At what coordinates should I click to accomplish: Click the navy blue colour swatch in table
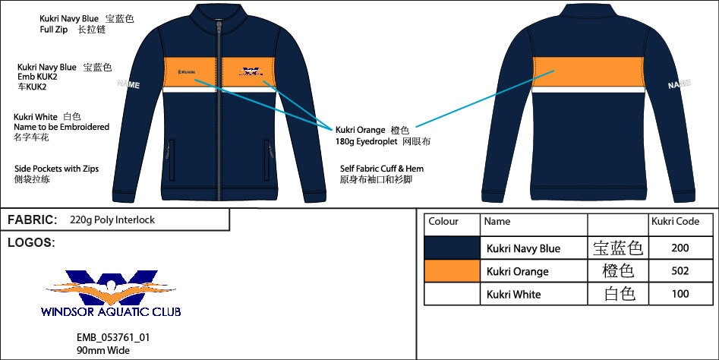[x=452, y=248]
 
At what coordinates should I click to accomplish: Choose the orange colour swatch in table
[x=452, y=271]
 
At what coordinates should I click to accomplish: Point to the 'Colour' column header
[x=443, y=222]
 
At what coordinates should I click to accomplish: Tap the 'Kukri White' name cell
[x=513, y=294]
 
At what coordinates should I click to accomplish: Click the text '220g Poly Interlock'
[x=112, y=219]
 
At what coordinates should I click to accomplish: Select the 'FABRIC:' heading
[x=32, y=219]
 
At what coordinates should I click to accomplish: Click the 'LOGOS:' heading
[x=30, y=242]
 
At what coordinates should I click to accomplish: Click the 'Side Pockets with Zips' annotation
[x=56, y=169]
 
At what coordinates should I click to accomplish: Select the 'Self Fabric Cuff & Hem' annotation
[x=382, y=169]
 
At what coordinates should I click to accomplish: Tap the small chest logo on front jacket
[x=250, y=73]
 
